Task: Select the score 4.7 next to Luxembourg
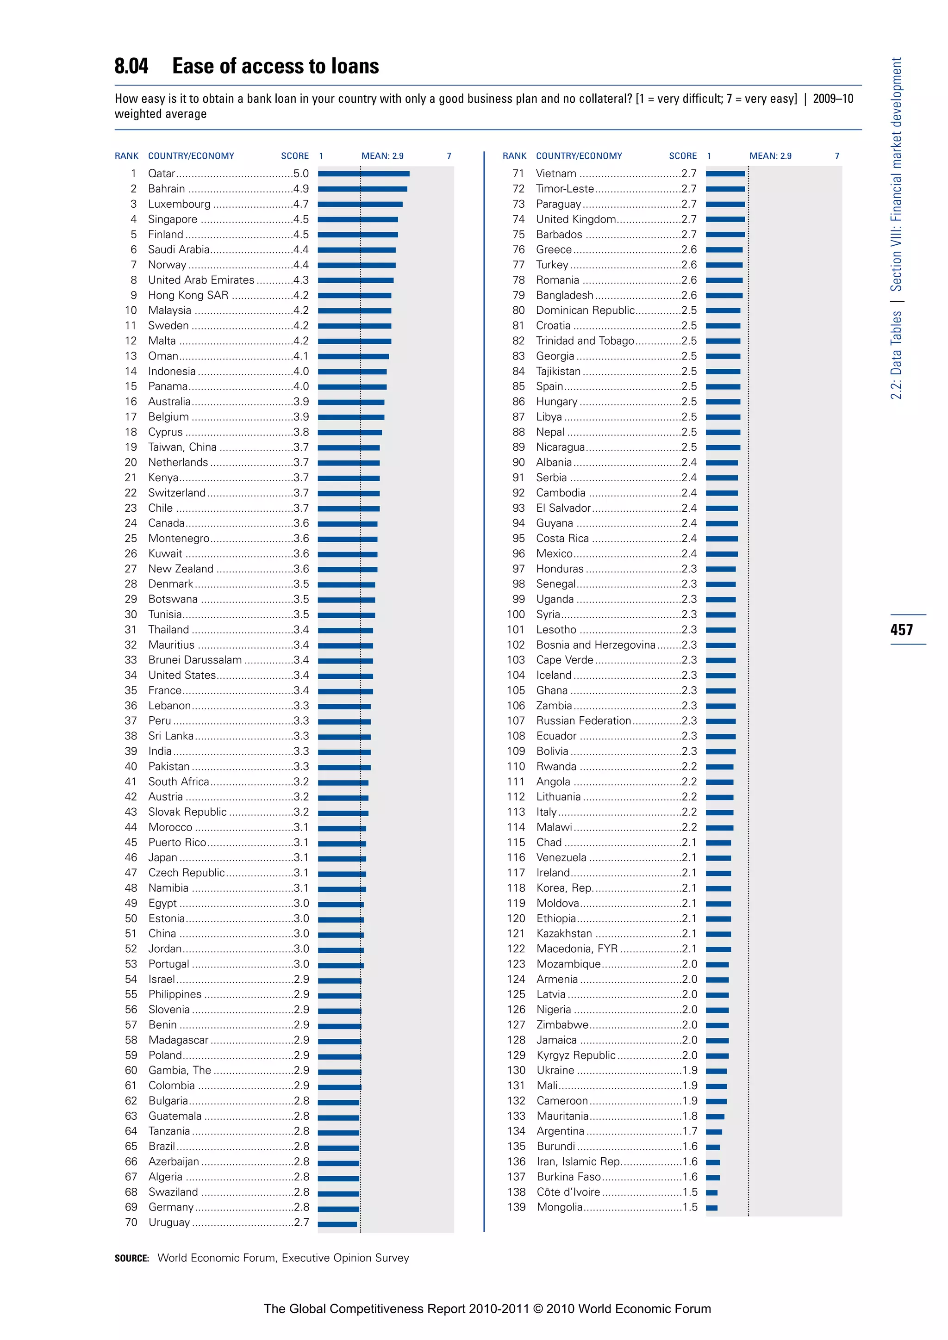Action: coord(300,204)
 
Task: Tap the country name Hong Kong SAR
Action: coord(188,295)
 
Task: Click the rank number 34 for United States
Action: coord(131,675)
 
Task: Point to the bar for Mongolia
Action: coord(711,1208)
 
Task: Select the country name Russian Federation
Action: coord(583,721)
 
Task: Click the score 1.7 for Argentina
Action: coord(689,1131)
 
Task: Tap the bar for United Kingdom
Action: coord(725,219)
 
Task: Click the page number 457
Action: coord(901,630)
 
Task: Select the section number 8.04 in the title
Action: coord(131,66)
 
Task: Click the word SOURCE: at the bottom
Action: coord(132,1258)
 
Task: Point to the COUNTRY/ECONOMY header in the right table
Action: coord(579,156)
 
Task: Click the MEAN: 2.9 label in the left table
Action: coord(382,156)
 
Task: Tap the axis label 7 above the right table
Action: coord(836,156)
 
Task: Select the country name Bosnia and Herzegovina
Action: coord(595,645)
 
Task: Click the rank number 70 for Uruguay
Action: coord(131,1222)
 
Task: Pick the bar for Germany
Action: coord(338,1208)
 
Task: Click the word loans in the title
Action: coord(354,66)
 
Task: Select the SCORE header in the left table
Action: coord(295,156)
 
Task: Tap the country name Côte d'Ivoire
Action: coord(568,1192)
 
